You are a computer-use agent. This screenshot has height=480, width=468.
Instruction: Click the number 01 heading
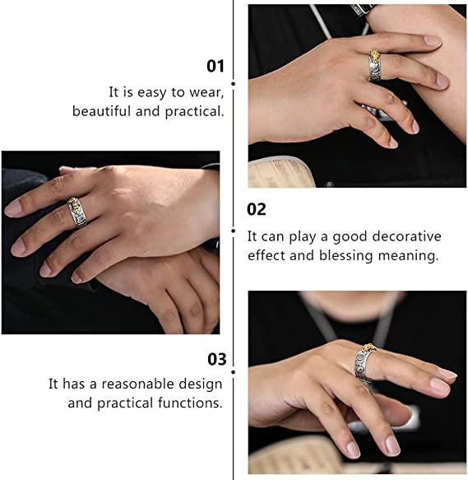[215, 66]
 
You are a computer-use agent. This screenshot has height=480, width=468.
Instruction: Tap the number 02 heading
[257, 210]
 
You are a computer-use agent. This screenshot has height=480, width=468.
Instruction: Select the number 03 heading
[217, 359]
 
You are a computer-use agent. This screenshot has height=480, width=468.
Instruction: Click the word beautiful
[101, 111]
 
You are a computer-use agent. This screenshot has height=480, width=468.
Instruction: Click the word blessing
[346, 255]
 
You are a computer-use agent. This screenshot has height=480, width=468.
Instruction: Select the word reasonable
[137, 384]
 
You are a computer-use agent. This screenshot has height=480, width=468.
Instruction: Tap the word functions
[190, 403]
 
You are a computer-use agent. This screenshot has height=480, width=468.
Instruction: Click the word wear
[206, 93]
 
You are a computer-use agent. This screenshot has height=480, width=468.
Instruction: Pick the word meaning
[408, 255]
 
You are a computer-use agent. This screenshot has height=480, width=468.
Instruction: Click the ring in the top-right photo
[375, 65]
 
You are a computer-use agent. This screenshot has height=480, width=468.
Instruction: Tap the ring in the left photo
[76, 212]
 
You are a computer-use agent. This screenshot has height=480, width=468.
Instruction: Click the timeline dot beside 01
[234, 84]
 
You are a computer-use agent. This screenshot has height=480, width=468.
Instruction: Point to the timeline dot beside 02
[234, 231]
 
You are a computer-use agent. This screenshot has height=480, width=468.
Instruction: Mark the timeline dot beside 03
[234, 372]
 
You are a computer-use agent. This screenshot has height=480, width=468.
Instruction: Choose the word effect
[266, 255]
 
